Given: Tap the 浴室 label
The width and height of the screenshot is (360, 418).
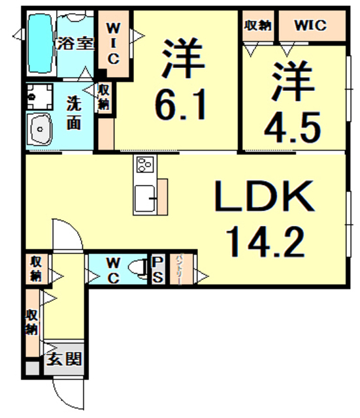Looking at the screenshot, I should tap(76, 44).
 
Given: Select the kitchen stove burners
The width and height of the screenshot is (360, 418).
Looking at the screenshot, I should tap(144, 165).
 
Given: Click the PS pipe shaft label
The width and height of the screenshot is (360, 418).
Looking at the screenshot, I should tap(157, 268).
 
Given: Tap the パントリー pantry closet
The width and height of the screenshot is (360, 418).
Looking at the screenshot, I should tap(178, 268).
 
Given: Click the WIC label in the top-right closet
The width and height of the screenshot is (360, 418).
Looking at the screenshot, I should tap(310, 25).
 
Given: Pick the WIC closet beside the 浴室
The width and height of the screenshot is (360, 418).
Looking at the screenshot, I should tap(112, 44).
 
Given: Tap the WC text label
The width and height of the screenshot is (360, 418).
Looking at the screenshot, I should tap(112, 268).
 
